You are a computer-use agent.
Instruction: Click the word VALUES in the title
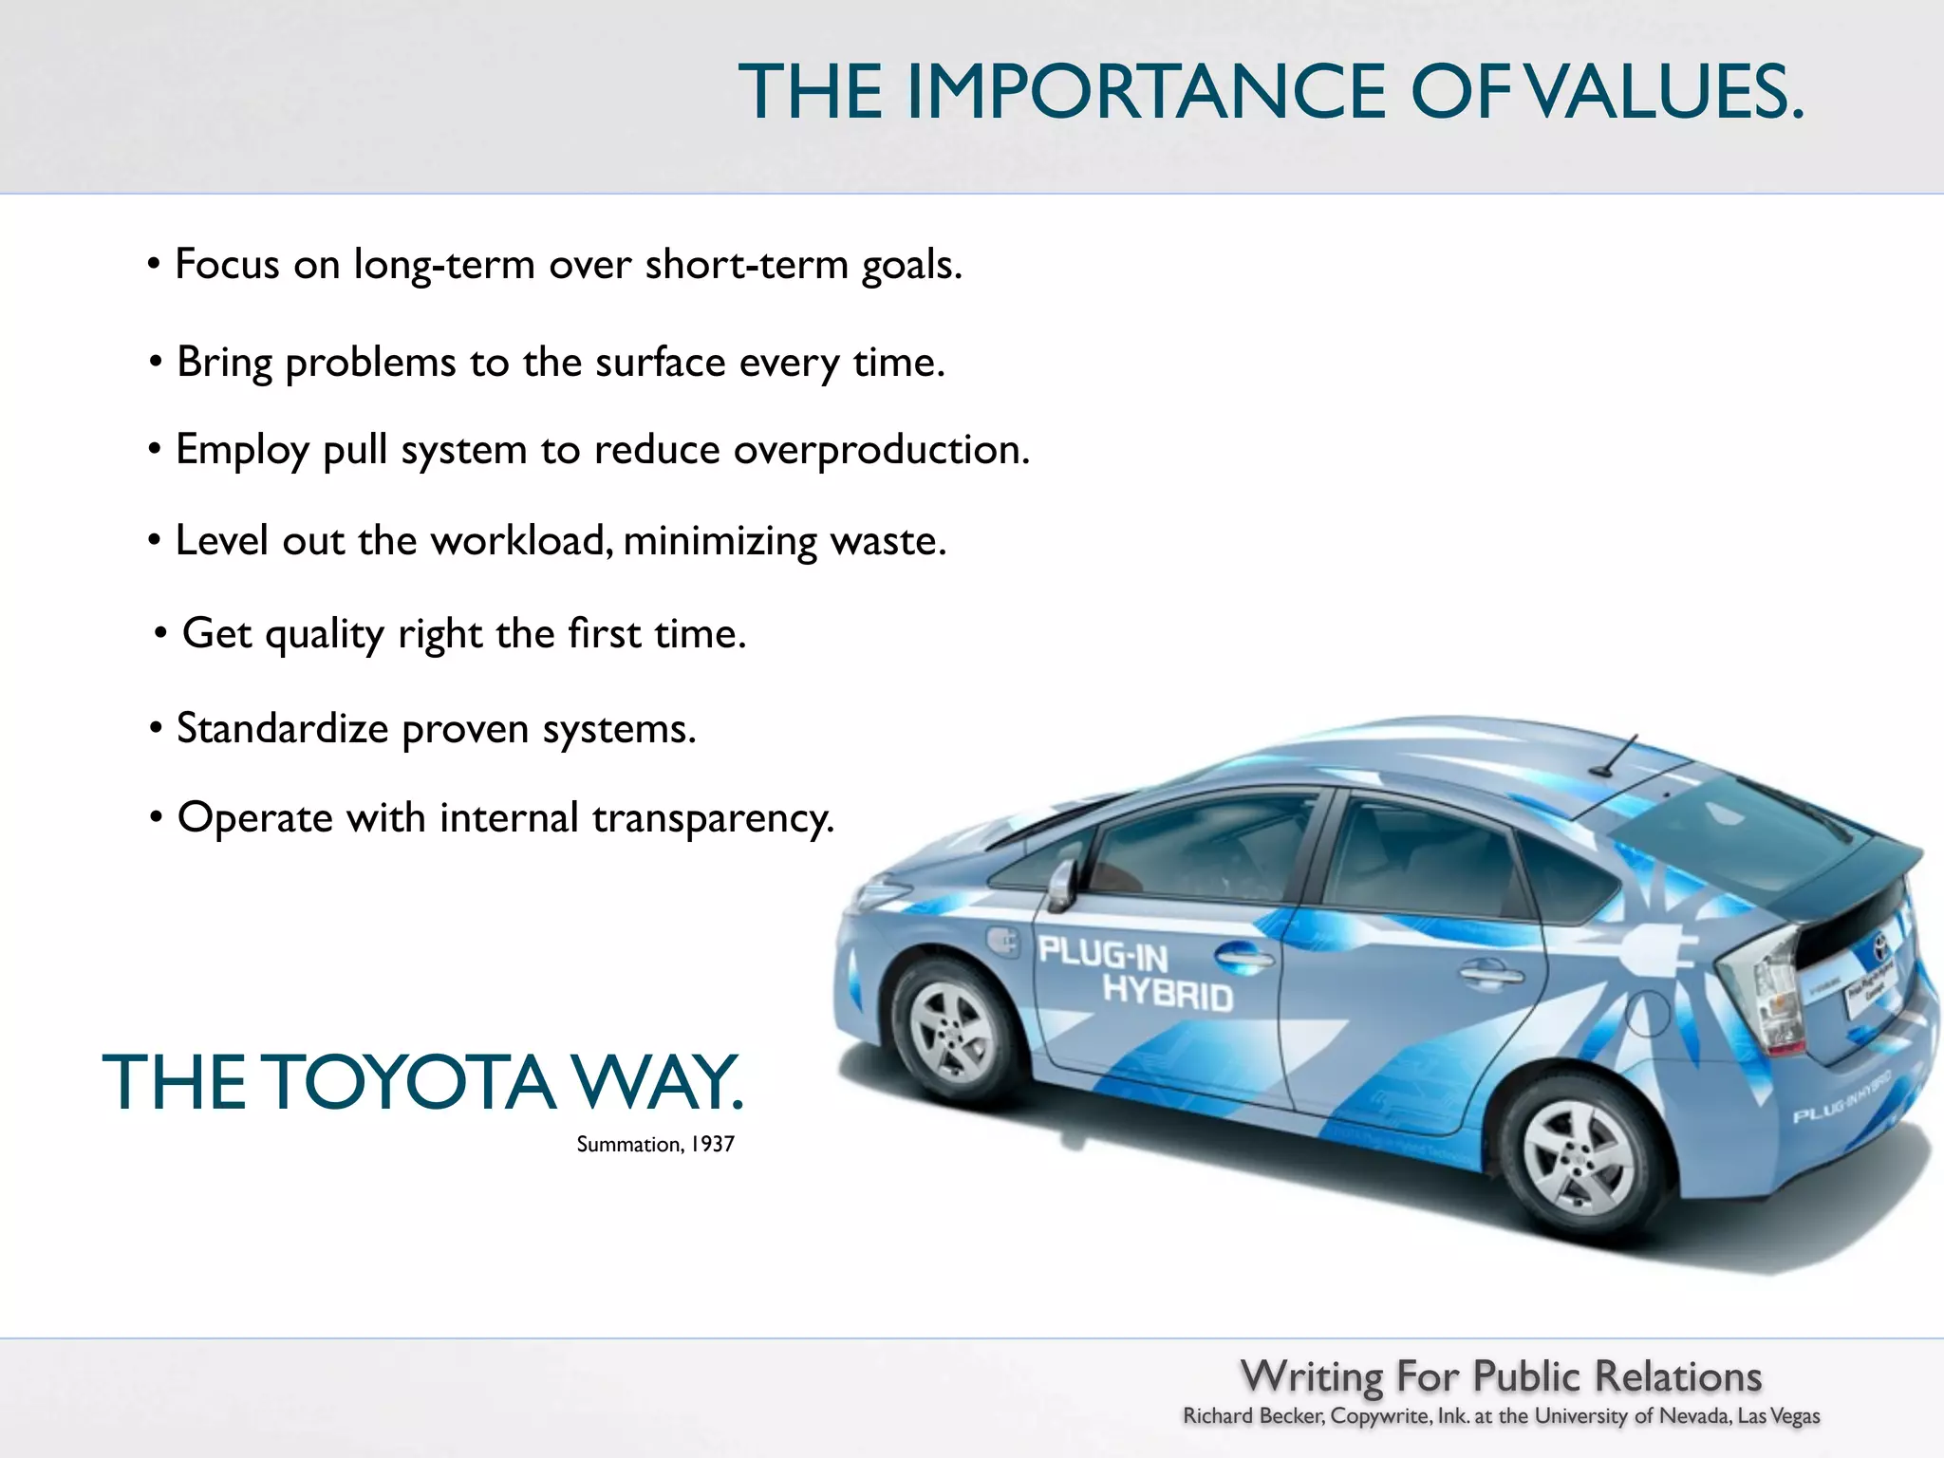pyautogui.click(x=1666, y=92)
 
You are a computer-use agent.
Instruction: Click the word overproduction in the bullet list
pyautogui.click(x=881, y=450)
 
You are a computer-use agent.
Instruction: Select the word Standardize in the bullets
pyautogui.click(x=282, y=729)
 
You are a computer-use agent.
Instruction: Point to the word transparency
pyautogui.click(x=713, y=818)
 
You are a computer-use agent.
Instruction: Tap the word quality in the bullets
pyautogui.click(x=324, y=634)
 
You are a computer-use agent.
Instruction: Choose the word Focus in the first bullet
pyautogui.click(x=227, y=264)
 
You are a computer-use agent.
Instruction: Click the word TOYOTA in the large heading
pyautogui.click(x=408, y=1083)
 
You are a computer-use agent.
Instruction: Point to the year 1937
pyautogui.click(x=712, y=1145)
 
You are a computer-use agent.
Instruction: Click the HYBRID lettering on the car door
pyautogui.click(x=1168, y=993)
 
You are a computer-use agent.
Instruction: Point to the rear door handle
pyautogui.click(x=1490, y=972)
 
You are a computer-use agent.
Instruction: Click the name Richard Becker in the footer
pyautogui.click(x=1253, y=1416)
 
